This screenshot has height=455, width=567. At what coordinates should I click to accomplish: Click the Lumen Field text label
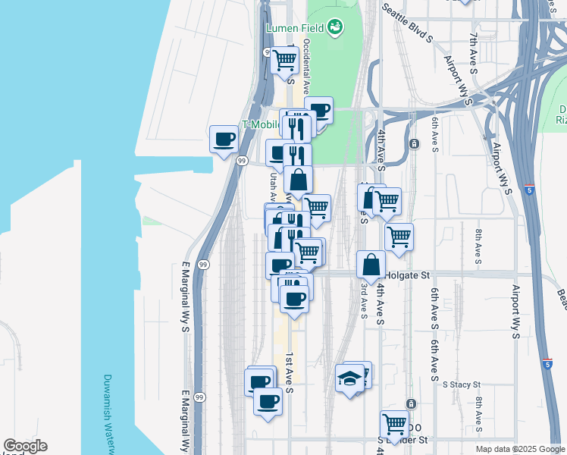click(x=294, y=29)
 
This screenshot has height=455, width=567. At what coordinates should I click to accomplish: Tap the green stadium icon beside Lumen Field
click(x=334, y=29)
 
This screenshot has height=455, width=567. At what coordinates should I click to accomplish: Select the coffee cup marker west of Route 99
click(x=224, y=140)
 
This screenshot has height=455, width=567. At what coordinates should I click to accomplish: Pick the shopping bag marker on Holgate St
click(x=371, y=265)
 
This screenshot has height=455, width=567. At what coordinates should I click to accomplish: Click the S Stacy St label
click(x=462, y=384)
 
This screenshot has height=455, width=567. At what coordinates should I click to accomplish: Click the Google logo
click(x=25, y=447)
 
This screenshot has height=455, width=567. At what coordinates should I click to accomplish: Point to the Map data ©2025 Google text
click(x=520, y=449)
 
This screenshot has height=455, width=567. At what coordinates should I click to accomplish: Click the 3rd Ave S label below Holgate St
click(x=364, y=300)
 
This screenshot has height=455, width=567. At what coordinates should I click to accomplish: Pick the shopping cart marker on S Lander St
click(x=395, y=424)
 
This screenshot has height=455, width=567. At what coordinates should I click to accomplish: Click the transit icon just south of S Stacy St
click(x=411, y=403)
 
